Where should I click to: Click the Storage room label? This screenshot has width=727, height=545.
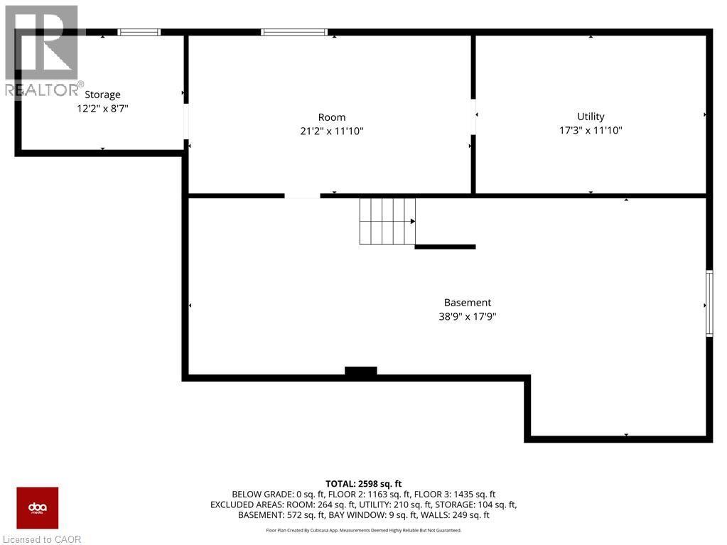pos(102,95)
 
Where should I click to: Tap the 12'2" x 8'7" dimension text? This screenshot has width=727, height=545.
pos(102,109)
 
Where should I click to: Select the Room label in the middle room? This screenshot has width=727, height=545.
pos(332,117)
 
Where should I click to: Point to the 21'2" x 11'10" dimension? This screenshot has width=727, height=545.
pos(332,131)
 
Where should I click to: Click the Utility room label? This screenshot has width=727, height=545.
pos(591,117)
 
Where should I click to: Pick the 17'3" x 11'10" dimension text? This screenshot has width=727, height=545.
pos(591,131)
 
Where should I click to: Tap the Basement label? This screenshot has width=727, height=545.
pos(468,303)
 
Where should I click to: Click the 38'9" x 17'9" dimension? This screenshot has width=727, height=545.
pos(468,317)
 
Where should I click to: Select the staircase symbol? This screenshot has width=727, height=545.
pos(387,221)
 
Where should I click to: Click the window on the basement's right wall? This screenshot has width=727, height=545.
pos(709,303)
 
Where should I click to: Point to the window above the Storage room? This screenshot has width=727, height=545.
pos(139,32)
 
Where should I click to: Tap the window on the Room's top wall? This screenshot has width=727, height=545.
pos(294,32)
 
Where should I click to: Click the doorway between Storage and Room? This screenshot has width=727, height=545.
pos(186,122)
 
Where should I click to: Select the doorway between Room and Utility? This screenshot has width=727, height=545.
pos(473,117)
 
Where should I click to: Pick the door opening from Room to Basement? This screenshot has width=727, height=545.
pos(302,195)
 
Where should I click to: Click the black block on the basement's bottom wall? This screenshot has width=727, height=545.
pos(361,371)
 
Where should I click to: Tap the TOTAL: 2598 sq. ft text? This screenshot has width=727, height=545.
pos(363,484)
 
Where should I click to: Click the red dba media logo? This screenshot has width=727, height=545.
pos(38,508)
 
